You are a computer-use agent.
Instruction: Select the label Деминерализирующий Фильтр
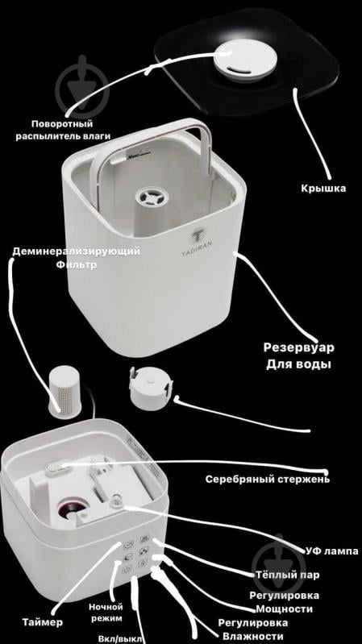[76, 257]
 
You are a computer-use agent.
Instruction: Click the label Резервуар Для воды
[298, 355]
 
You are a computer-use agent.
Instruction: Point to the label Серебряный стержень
[266, 479]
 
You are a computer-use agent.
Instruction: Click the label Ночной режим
[106, 613]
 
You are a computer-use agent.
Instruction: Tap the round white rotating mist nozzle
[238, 60]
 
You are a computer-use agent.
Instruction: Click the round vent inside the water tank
[150, 198]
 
